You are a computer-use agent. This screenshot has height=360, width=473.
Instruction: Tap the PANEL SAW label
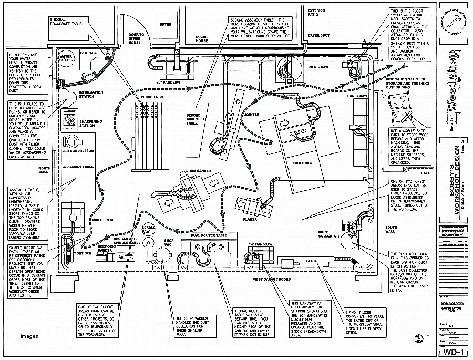[x=355, y=96]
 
